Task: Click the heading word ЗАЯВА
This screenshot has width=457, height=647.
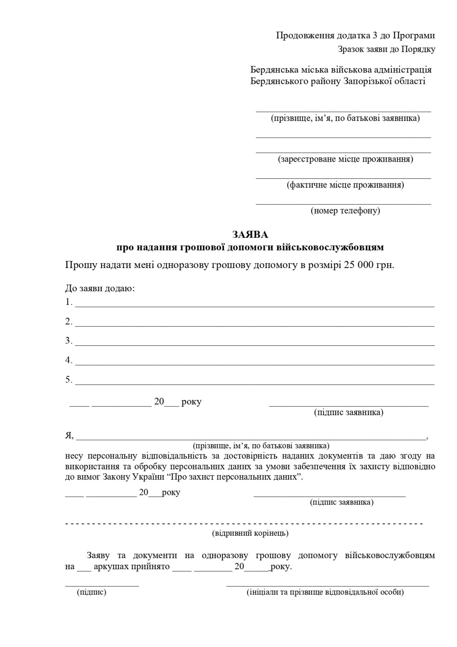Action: click(250, 234)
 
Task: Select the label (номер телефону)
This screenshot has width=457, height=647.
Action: click(345, 210)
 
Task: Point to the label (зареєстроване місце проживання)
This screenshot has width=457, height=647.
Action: click(345, 159)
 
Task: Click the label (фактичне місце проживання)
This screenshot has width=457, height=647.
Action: click(345, 185)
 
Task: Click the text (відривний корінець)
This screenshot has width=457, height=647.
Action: click(250, 533)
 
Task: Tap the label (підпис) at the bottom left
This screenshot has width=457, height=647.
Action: click(91, 592)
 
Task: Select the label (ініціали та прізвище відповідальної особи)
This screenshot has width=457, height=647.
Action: click(325, 592)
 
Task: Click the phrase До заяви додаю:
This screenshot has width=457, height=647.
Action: click(100, 288)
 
